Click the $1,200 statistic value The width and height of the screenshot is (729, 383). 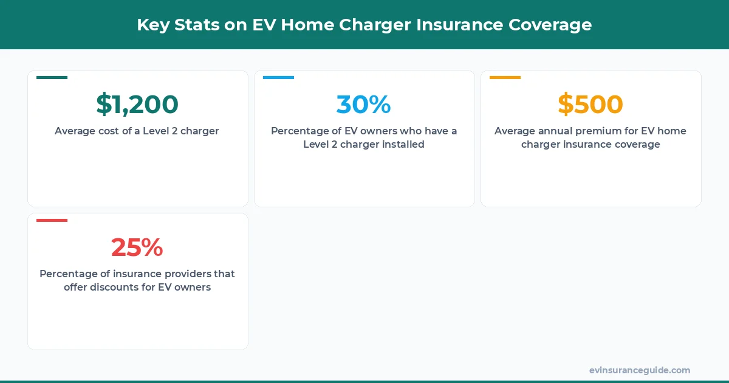click(x=137, y=105)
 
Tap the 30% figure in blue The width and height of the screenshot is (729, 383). click(x=363, y=105)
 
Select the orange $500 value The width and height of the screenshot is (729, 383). click(x=590, y=105)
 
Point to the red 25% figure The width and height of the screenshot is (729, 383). click(x=137, y=247)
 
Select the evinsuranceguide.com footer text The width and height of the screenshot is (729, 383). click(x=639, y=370)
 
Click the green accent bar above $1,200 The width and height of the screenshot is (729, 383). click(x=52, y=78)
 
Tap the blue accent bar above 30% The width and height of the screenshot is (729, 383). click(x=278, y=78)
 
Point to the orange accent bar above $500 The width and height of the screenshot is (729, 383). click(x=505, y=78)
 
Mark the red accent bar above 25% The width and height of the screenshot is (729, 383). click(x=52, y=220)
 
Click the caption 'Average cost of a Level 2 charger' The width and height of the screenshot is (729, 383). click(x=137, y=131)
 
